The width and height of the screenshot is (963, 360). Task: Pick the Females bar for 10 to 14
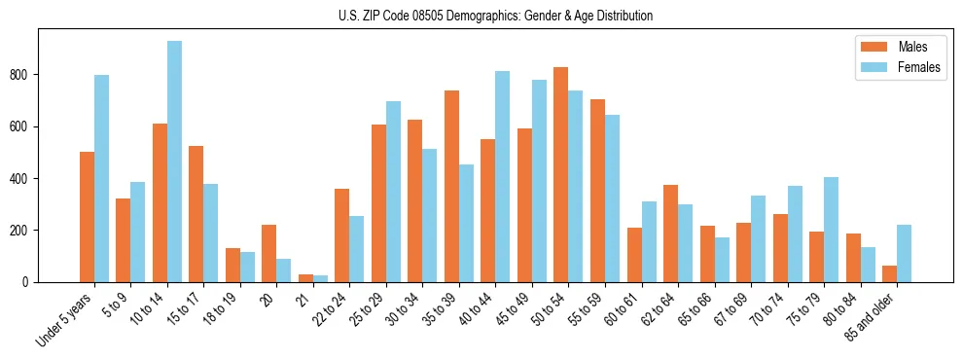click(x=174, y=162)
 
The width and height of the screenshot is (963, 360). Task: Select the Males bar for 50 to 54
click(x=561, y=175)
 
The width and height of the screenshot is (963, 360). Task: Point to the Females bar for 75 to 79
click(x=832, y=230)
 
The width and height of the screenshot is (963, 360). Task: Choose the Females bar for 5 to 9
click(x=138, y=233)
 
